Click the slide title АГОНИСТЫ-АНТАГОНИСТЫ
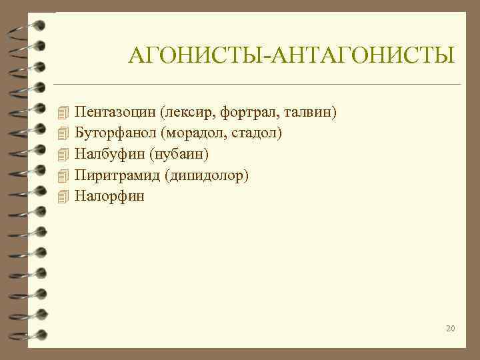click(x=292, y=55)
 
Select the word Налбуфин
click(x=108, y=154)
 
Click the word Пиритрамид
click(x=111, y=175)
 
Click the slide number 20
click(x=450, y=328)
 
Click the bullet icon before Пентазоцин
click(x=63, y=112)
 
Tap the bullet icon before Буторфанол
click(x=63, y=133)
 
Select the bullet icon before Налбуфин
click(x=63, y=154)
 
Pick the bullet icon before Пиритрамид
click(x=63, y=175)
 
